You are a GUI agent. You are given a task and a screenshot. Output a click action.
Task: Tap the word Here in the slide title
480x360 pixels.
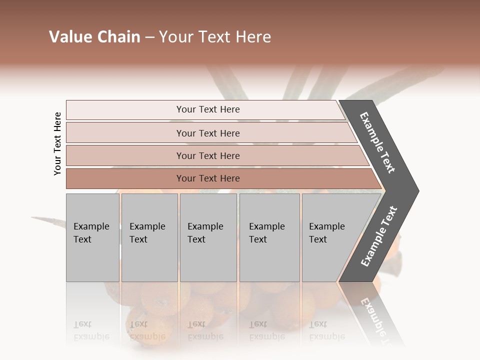(x=253, y=37)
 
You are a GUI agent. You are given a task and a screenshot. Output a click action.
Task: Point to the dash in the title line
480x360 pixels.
(x=149, y=37)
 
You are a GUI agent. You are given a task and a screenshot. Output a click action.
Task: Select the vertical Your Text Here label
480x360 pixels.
(x=57, y=143)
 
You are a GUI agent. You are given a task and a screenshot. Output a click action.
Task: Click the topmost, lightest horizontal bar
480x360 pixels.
(x=207, y=109)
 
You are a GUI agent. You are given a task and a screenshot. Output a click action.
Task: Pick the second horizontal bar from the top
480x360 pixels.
(x=207, y=133)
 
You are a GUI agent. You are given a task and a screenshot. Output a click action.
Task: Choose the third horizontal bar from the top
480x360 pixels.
(x=207, y=155)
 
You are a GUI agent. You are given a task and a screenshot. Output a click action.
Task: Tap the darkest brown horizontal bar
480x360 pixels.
(x=207, y=178)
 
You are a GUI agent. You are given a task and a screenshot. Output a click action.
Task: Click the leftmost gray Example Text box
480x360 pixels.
(x=92, y=237)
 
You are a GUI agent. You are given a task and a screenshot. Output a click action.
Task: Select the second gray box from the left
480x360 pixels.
(x=149, y=237)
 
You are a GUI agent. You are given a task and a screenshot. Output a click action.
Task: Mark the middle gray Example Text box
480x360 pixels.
(x=207, y=237)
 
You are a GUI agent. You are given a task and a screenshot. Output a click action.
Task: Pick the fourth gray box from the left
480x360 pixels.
(x=269, y=237)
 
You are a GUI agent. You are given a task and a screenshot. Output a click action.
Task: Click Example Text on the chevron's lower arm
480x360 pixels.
(x=379, y=236)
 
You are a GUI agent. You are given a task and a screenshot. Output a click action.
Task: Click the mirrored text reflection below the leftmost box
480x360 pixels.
(x=91, y=330)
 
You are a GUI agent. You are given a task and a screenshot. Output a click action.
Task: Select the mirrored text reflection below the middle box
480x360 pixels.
(x=205, y=330)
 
